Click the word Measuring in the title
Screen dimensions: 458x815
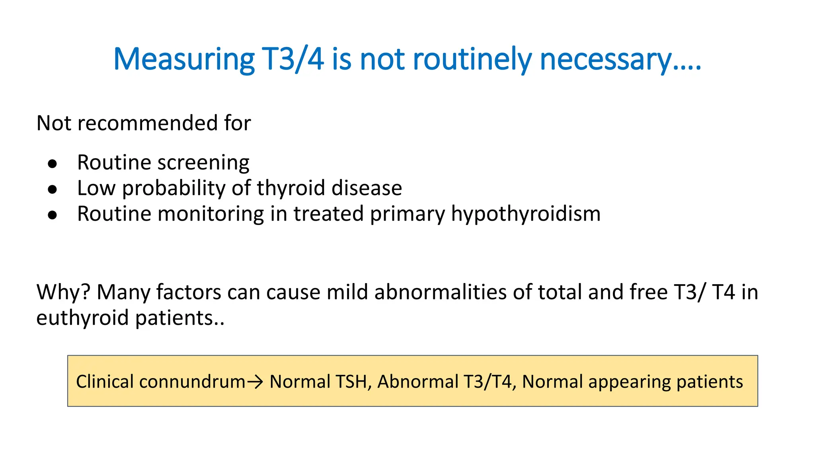[x=183, y=60]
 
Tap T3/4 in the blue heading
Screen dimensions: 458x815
[x=292, y=60]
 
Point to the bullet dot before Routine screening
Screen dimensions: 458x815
[x=52, y=163]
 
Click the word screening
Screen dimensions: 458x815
[x=203, y=163]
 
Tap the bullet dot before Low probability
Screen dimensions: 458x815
[x=52, y=190]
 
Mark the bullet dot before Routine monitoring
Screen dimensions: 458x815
[x=52, y=215]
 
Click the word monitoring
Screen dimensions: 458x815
[x=211, y=214]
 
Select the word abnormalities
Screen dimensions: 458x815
[x=440, y=292]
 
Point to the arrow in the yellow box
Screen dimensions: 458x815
[x=255, y=382]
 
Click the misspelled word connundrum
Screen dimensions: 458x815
[x=192, y=382]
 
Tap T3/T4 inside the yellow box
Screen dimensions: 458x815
[x=487, y=382]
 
